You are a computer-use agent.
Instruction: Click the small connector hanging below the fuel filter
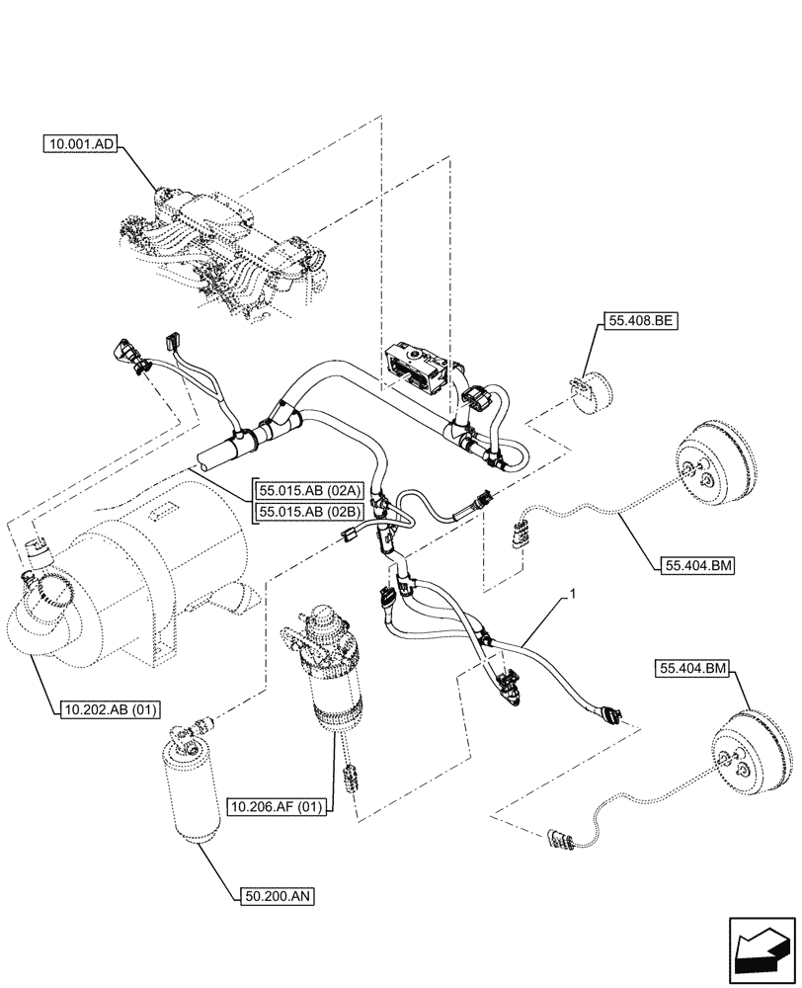pos(348,776)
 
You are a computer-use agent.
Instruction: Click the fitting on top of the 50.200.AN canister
pos(181,732)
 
